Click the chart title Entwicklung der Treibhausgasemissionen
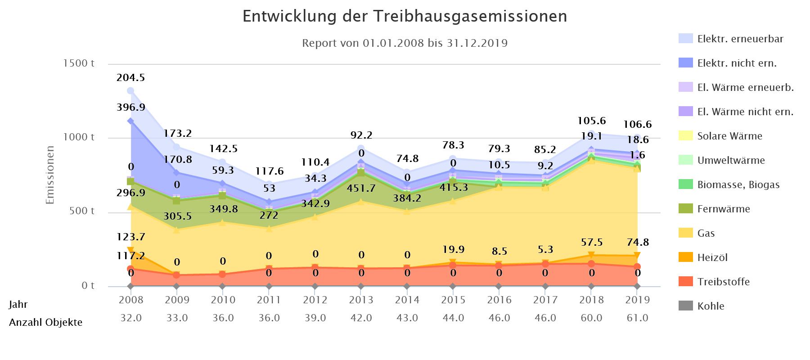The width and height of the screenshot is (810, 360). pyautogui.click(x=405, y=17)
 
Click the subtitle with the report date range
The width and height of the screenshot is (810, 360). pyautogui.click(x=405, y=44)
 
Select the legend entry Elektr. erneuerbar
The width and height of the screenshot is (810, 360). pyautogui.click(x=740, y=39)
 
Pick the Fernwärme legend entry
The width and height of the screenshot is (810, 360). pyautogui.click(x=723, y=209)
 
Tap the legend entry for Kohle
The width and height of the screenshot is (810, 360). pyautogui.click(x=711, y=306)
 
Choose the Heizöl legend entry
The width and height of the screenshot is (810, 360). pyautogui.click(x=712, y=258)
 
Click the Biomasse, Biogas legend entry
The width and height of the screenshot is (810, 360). pyautogui.click(x=738, y=185)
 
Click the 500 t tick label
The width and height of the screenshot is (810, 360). pyautogui.click(x=81, y=211)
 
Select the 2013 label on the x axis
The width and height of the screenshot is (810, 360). pyautogui.click(x=361, y=300)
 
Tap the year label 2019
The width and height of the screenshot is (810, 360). pyautogui.click(x=637, y=300)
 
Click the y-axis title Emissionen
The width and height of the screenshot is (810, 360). pyautogui.click(x=50, y=175)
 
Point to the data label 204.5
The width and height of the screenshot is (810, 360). pyautogui.click(x=130, y=78)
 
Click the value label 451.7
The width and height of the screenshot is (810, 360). pyautogui.click(x=361, y=189)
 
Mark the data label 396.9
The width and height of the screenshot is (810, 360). pyautogui.click(x=130, y=108)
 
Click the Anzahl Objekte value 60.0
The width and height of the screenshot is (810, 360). pyautogui.click(x=591, y=318)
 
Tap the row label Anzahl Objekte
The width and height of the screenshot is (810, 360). pyautogui.click(x=45, y=323)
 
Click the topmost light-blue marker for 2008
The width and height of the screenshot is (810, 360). pyautogui.click(x=130, y=91)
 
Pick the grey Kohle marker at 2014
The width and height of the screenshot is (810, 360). pyautogui.click(x=407, y=286)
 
